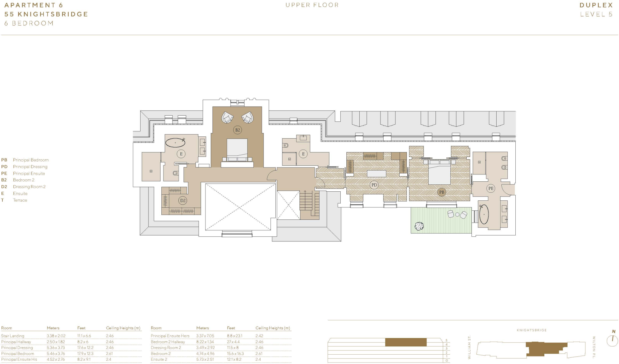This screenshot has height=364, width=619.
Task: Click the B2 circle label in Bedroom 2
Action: tap(238, 130)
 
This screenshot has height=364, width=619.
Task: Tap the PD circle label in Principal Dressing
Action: tap(374, 185)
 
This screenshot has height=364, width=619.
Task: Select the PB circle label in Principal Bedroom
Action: tap(442, 192)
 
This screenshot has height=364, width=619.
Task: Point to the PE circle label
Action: tap(491, 188)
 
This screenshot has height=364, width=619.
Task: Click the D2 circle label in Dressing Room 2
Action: tap(183, 200)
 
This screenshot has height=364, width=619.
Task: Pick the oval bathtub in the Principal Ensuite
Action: tap(484, 214)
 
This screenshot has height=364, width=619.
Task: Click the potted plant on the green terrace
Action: tap(419, 226)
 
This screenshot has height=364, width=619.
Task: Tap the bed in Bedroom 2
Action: tap(237, 150)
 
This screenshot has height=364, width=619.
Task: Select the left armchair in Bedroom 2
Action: tap(227, 117)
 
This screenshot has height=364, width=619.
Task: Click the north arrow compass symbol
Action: tap(612, 340)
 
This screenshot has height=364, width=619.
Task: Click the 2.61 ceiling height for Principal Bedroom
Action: tap(110, 353)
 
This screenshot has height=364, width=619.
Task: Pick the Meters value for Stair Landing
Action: tap(56, 336)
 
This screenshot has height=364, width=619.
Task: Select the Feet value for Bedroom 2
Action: tap(235, 353)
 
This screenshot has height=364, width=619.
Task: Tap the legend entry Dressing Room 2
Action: tap(29, 187)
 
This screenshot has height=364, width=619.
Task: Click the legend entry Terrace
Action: tap(20, 200)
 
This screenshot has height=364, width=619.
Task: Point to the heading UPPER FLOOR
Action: tap(312, 5)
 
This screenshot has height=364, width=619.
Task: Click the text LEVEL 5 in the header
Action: tap(596, 14)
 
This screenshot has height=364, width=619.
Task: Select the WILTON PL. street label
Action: tap(594, 347)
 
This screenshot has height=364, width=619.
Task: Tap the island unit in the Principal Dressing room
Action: tap(376, 174)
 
